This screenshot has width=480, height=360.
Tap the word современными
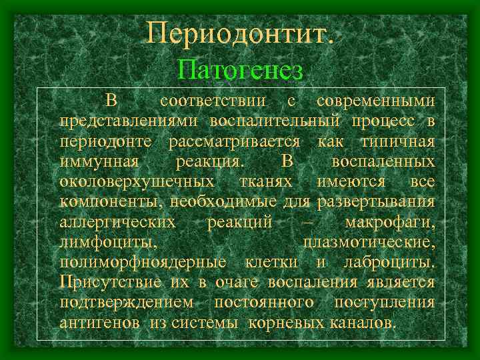click(376, 101)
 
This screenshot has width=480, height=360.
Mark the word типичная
click(397, 142)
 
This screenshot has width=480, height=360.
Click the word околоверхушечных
click(136, 182)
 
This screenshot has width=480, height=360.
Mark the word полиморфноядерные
click(143, 262)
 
